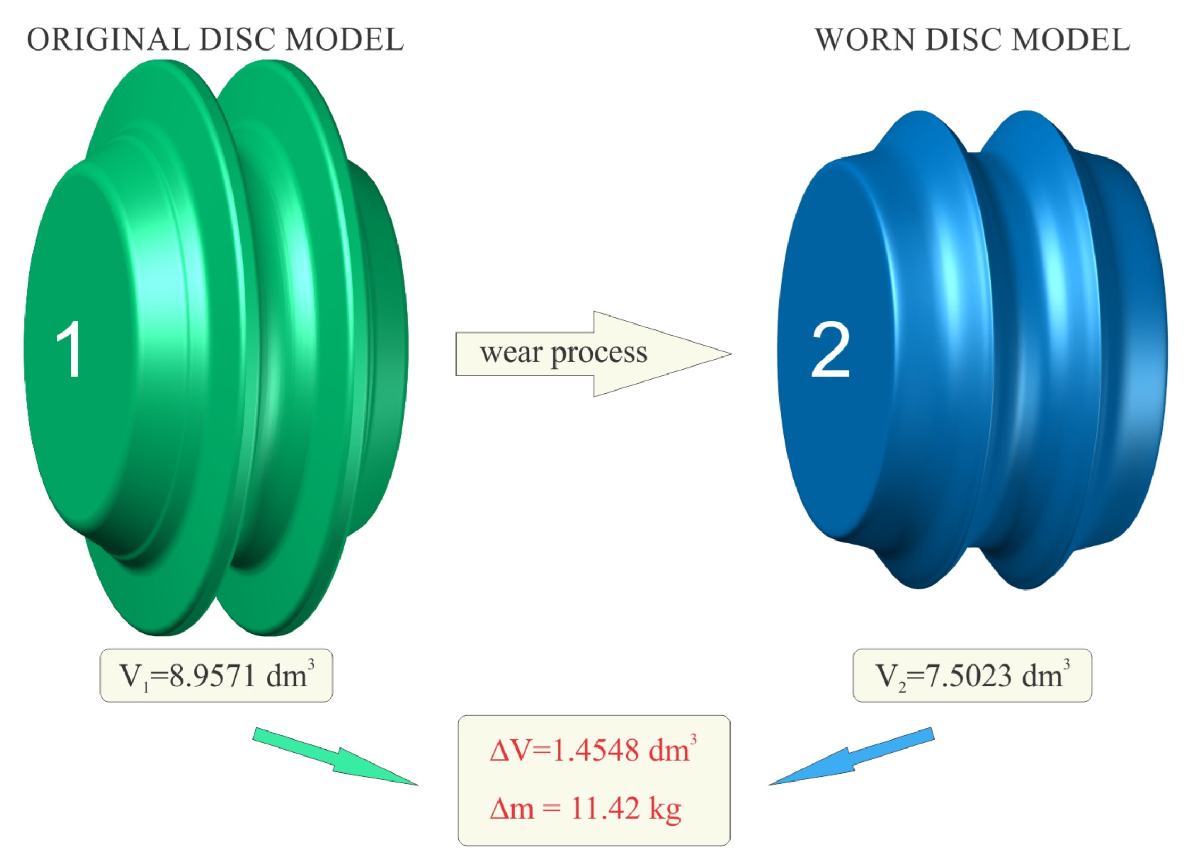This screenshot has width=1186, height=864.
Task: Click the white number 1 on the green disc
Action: [x=69, y=350]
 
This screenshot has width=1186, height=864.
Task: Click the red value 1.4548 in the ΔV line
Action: [x=595, y=751]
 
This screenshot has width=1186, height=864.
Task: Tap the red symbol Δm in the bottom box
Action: [x=511, y=809]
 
